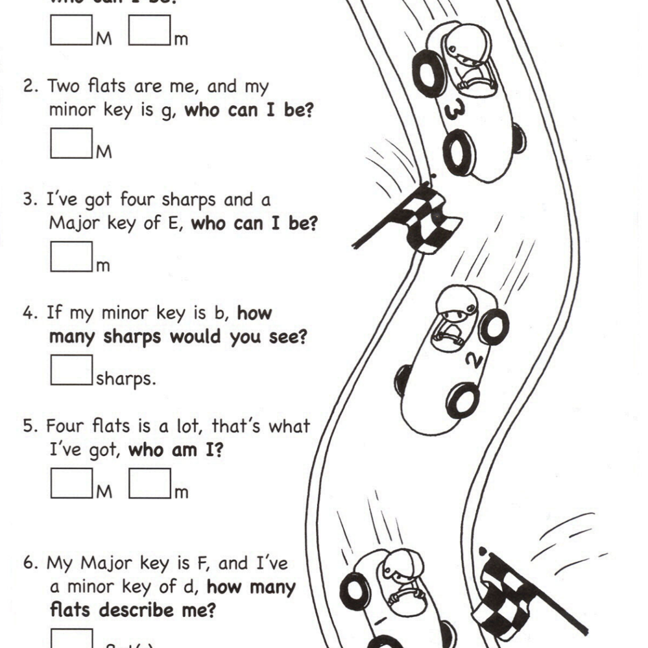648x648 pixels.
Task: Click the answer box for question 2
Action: [x=71, y=142]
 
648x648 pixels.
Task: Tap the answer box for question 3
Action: [x=71, y=256]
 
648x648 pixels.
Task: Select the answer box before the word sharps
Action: [x=71, y=369]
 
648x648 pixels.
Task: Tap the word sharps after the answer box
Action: [x=126, y=379]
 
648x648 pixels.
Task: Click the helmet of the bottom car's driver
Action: [x=397, y=565]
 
